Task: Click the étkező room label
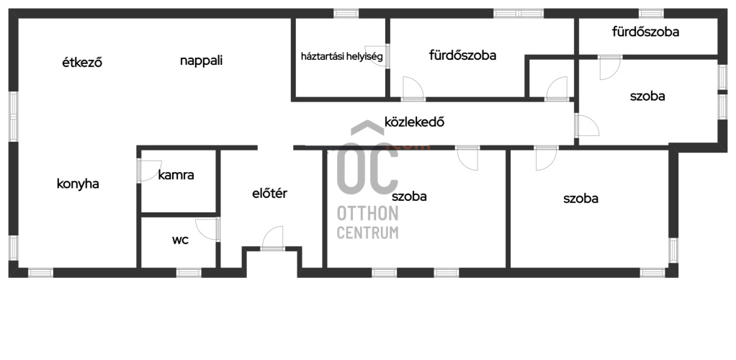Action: pyautogui.click(x=82, y=62)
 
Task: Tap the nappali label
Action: pyautogui.click(x=202, y=61)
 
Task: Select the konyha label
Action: pyautogui.click(x=78, y=184)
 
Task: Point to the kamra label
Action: pyautogui.click(x=176, y=175)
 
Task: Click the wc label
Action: pyautogui.click(x=180, y=240)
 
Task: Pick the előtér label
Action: pyautogui.click(x=270, y=193)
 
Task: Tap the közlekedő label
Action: pyautogui.click(x=415, y=122)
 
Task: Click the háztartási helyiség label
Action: pyautogui.click(x=342, y=57)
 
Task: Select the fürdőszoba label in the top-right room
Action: pyautogui.click(x=646, y=32)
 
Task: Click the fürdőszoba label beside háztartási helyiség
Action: pyautogui.click(x=463, y=55)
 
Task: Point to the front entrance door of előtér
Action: pyautogui.click(x=273, y=238)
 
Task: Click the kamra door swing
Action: pyautogui.click(x=149, y=171)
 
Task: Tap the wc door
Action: pyautogui.click(x=207, y=230)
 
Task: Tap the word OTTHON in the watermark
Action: pyautogui.click(x=367, y=214)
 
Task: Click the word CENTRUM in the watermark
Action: pyautogui.click(x=367, y=233)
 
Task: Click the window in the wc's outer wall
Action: pyautogui.click(x=189, y=272)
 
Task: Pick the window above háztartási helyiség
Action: pyautogui.click(x=346, y=13)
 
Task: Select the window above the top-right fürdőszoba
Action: pyautogui.click(x=652, y=13)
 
